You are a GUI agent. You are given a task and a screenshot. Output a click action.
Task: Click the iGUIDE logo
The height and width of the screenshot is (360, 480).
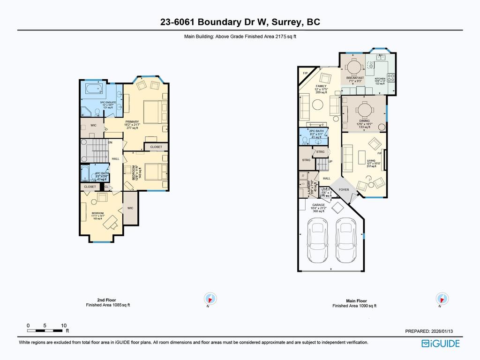pos(441,344)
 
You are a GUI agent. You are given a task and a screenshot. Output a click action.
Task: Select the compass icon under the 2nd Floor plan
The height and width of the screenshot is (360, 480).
pos(210,299)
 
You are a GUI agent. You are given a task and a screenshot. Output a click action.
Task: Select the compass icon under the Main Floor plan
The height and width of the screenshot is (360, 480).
pos(441,299)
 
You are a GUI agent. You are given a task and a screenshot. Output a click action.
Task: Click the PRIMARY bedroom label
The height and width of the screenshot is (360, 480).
pos(132,121)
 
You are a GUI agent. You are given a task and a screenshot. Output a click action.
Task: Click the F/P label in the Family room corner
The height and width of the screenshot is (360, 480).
pos(305,74)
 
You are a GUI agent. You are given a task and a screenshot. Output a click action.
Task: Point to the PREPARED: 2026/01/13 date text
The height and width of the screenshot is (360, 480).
pos(429,331)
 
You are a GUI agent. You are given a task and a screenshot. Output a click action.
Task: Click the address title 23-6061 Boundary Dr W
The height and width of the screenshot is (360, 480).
pos(240,22)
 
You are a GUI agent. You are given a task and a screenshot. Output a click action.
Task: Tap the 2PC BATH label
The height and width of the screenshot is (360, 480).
pos(316,131)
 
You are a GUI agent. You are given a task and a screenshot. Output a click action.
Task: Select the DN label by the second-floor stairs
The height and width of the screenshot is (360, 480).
pos(110,142)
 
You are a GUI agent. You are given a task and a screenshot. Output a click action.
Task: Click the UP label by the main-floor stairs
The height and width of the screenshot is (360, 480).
pos(330,161)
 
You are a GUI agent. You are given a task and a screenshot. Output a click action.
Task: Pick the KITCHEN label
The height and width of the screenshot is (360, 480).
pos(380,78)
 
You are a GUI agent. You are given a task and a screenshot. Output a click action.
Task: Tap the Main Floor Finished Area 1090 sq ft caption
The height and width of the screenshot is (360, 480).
pos(354,303)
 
